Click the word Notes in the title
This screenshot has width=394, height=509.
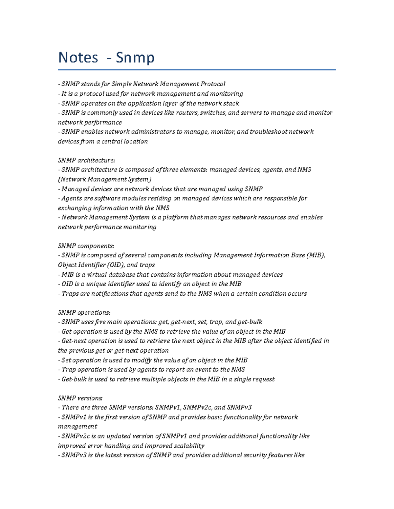78,58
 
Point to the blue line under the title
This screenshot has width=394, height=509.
197,69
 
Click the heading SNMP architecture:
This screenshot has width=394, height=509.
86,160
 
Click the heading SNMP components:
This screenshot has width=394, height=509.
86,246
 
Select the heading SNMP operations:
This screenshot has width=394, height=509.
84,313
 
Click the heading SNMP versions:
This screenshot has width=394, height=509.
80,398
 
